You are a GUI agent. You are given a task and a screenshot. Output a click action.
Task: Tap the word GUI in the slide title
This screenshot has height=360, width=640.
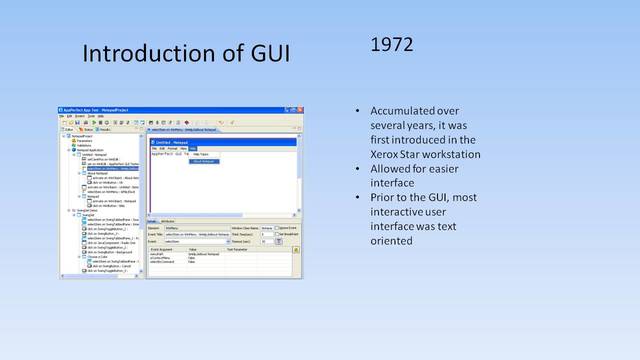tap(266, 52)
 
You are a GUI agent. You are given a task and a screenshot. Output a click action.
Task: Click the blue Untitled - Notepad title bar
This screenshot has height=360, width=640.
tap(219, 142)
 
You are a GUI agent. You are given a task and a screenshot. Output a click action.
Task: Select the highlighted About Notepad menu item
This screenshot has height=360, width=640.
tap(204, 160)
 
